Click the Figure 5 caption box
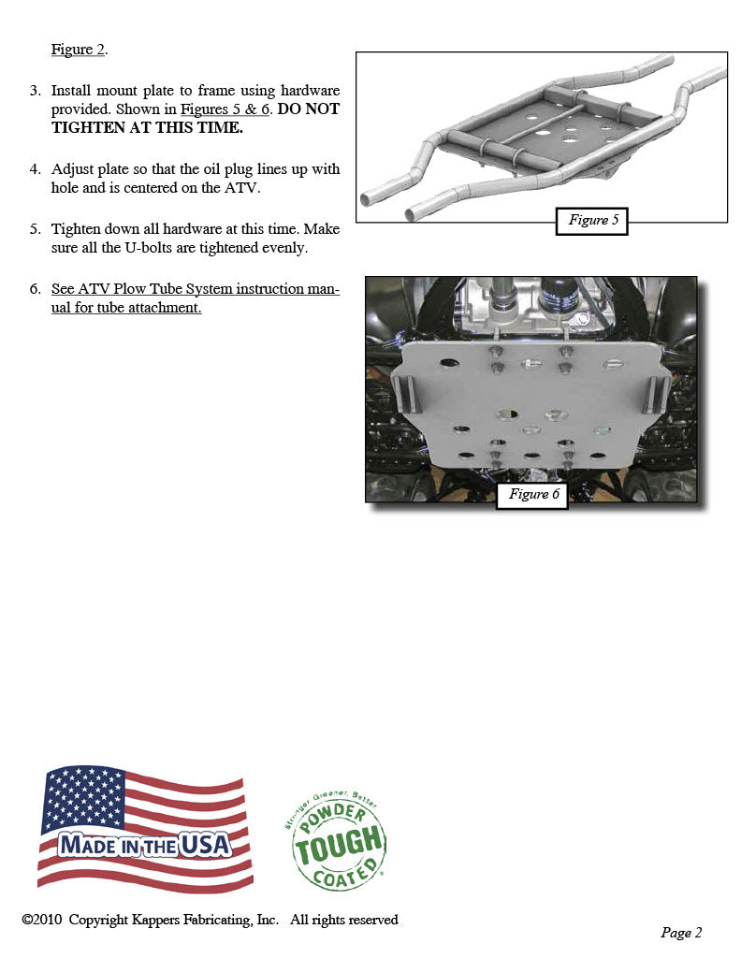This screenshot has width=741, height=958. pos(590,221)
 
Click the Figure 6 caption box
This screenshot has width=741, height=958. pos(530,494)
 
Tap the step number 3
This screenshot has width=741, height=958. pos(35,91)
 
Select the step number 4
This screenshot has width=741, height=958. pos(35,169)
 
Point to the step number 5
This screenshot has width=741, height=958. pos(35,229)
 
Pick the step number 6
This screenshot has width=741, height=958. pos(35,289)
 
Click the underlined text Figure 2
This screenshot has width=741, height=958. pos(78,50)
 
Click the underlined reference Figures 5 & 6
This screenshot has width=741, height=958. pos(225,109)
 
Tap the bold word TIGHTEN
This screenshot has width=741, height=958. pos(86,128)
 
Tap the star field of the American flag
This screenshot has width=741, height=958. pos(82,796)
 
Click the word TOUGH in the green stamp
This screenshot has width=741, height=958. pos(339,847)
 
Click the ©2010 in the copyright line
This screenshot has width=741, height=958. pos(42,920)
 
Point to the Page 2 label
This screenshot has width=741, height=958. pos(680,932)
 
